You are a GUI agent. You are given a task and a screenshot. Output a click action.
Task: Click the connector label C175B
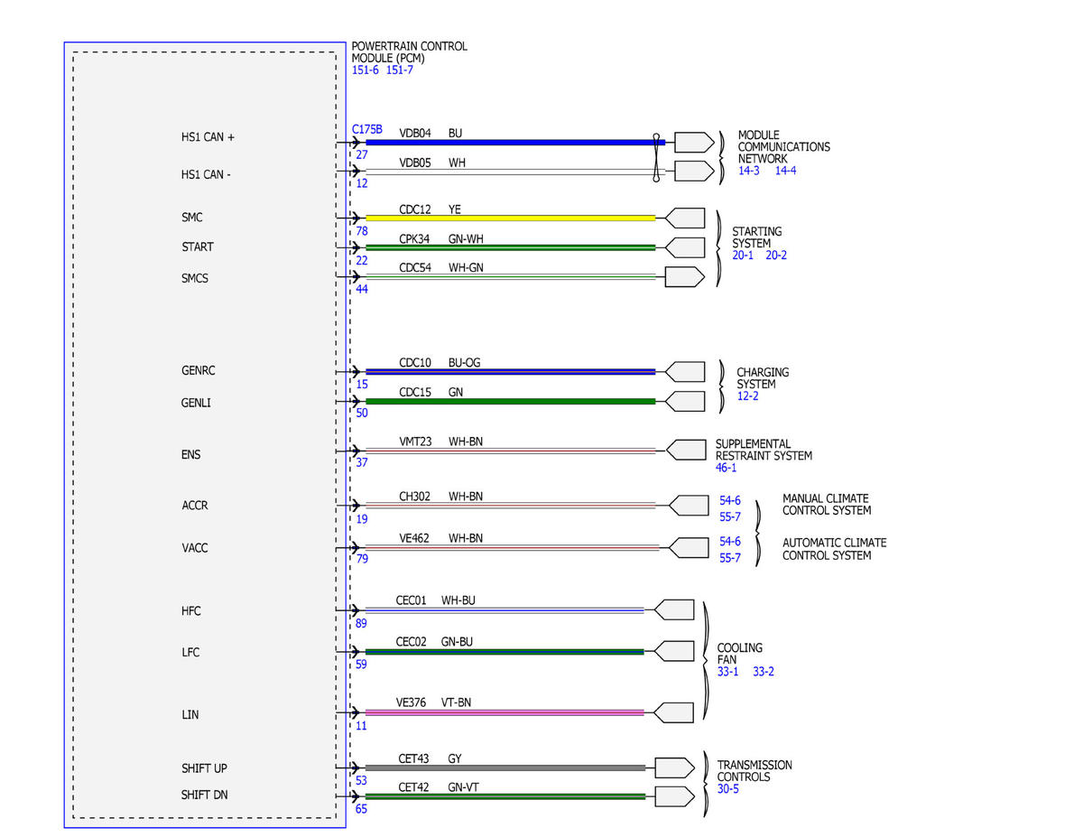coord(366,130)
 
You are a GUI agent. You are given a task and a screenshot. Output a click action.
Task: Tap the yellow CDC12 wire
coord(510,218)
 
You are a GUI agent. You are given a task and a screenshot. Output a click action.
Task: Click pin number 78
coord(362,231)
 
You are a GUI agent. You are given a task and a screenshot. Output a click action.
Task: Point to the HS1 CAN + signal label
coord(208,137)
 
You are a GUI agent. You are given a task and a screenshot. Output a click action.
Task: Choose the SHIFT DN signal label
coord(204,795)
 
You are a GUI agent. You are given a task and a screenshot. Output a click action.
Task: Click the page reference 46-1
coord(726,468)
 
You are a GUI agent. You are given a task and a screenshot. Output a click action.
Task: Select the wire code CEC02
coord(412,642)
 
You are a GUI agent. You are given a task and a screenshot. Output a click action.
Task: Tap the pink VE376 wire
coord(504,713)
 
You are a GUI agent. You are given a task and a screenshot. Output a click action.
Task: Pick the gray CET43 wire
coord(505,768)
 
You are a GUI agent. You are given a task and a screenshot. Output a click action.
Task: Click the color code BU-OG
coord(464,362)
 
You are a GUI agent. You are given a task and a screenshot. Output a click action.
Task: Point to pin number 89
coord(361,623)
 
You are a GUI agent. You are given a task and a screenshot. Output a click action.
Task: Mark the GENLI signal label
coord(196,403)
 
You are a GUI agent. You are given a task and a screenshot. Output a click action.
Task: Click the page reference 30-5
coord(727,788)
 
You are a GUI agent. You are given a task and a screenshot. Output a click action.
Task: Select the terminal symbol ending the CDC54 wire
coord(685,276)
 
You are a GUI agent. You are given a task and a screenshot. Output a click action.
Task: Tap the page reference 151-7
coord(399,70)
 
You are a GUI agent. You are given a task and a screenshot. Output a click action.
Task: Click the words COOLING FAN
coord(740,654)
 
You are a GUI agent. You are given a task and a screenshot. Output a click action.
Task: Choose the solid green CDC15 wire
coord(510,401)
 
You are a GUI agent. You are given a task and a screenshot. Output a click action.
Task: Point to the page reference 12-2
coord(747,395)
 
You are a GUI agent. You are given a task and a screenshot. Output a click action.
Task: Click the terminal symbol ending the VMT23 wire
coord(686,451)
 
